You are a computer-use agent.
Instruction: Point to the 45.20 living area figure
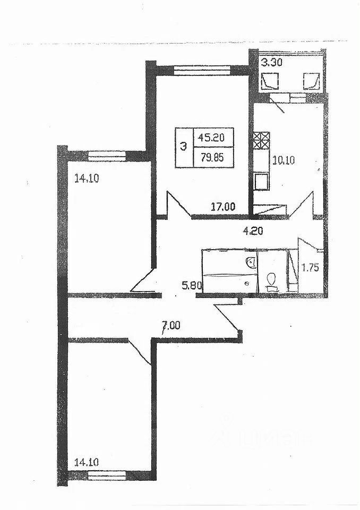click(212, 138)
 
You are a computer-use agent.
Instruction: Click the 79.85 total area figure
click(212, 157)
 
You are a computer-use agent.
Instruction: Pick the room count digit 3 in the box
click(184, 147)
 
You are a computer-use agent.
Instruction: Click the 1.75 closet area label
click(311, 268)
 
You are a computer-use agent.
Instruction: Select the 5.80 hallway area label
click(192, 285)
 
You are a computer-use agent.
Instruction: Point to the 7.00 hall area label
click(171, 327)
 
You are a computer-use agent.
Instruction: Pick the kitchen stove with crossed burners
click(260, 142)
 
